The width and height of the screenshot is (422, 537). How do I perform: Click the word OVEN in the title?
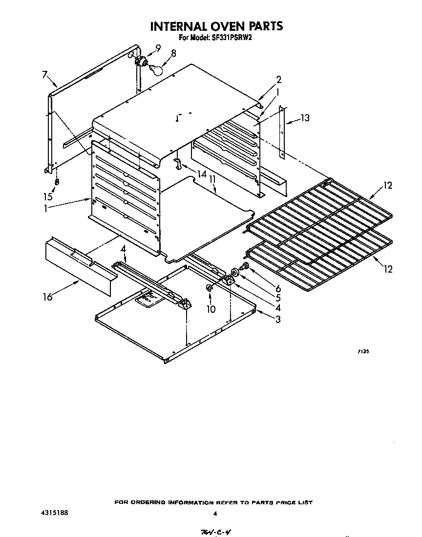218,26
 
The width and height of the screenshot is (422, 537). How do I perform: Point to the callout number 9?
158,47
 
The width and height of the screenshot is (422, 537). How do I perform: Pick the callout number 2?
278,80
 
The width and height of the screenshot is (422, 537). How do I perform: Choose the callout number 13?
305,118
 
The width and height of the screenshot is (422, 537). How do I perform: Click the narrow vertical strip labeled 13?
282,132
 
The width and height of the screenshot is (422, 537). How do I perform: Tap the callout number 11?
212,180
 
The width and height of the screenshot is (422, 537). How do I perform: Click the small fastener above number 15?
57,181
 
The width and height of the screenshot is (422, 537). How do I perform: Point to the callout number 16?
47,297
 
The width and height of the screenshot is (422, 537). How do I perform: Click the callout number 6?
278,289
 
